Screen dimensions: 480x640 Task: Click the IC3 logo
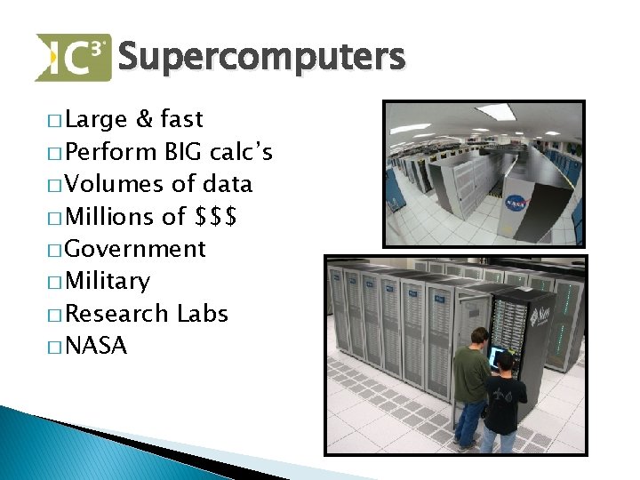click(x=73, y=57)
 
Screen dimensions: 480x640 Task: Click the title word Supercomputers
click(x=260, y=59)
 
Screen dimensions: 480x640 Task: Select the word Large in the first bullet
click(x=98, y=119)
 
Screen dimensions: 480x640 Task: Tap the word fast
click(x=182, y=119)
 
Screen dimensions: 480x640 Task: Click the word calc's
click(x=241, y=152)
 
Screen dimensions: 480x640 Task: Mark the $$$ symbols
click(x=215, y=217)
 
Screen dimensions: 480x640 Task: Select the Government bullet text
click(x=136, y=249)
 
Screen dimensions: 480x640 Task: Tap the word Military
click(x=108, y=282)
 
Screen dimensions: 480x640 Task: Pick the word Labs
click(x=203, y=314)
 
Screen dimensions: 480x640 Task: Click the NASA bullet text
click(x=97, y=347)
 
